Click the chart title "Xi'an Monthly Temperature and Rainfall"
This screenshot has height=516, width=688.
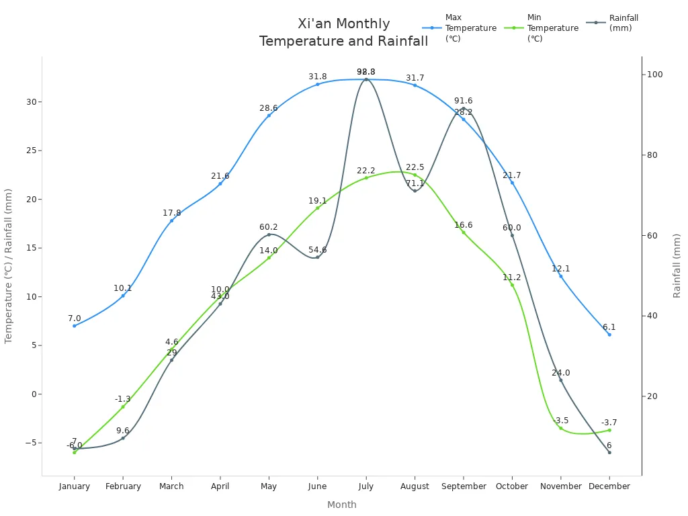point(343,32)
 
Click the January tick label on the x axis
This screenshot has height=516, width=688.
point(74,486)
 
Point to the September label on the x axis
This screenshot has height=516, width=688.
point(464,486)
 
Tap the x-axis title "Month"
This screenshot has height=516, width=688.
point(342,505)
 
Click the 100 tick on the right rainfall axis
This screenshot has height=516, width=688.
point(655,75)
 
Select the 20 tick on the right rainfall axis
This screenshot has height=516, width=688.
point(653,396)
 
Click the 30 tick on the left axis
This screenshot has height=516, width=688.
point(30,102)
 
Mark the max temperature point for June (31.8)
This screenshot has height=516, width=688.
point(318,84)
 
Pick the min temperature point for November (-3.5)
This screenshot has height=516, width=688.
point(561,428)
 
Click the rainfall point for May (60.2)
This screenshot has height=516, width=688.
point(269,234)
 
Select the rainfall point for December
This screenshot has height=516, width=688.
point(609,452)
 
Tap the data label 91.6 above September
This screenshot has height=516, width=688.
point(463,101)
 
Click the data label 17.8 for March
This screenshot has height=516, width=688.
point(172,213)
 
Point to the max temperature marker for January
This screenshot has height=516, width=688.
point(75,326)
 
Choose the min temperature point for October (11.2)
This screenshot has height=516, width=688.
point(512,285)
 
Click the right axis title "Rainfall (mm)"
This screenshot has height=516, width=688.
point(677,265)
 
